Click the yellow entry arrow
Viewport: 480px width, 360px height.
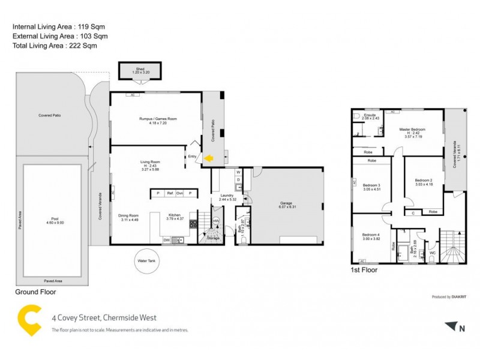pyautogui.click(x=209, y=158)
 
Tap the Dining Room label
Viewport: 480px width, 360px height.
pyautogui.click(x=128, y=215)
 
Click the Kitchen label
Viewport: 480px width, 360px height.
pyautogui.click(x=174, y=215)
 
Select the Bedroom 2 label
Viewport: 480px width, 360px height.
pyautogui.click(x=424, y=181)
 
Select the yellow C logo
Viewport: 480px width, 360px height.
pyautogui.click(x=30, y=319)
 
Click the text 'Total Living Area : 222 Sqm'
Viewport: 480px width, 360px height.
pyautogui.click(x=55, y=46)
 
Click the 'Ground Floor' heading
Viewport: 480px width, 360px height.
pyautogui.click(x=35, y=292)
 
